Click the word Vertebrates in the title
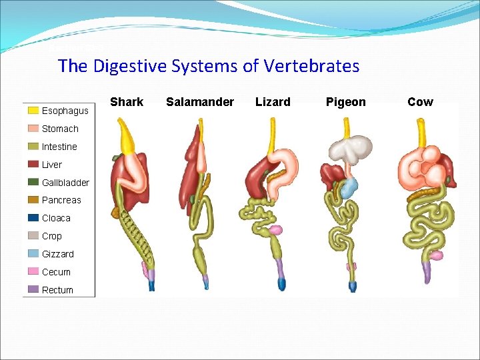(313, 67)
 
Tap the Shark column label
(127, 102)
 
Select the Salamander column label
(200, 102)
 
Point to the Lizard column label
(273, 102)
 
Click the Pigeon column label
(345, 102)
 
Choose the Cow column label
(420, 102)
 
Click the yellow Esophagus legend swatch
(33, 111)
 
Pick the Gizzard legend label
(58, 254)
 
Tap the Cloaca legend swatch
(33, 218)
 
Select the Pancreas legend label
(61, 200)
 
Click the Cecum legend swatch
(33, 272)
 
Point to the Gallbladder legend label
(65, 183)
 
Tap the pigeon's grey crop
(352, 149)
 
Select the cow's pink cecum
(436, 255)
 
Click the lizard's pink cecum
(275, 231)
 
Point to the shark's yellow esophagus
(127, 137)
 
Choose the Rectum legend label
(57, 290)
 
